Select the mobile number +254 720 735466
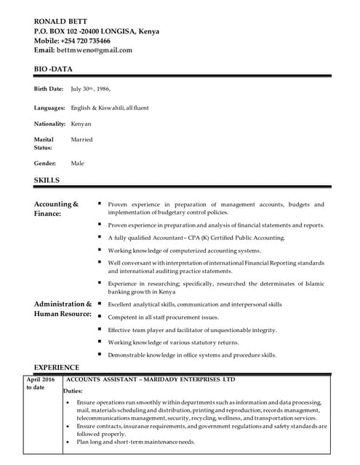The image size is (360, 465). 86,41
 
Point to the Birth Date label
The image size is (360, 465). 49,89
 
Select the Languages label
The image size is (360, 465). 49,108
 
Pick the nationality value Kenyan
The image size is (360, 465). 81,124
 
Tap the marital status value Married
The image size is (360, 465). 81,139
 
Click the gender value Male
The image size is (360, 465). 77,163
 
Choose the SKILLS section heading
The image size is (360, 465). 47,179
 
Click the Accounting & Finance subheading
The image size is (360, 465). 56,209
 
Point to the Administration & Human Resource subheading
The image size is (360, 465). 63,309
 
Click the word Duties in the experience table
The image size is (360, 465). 74,390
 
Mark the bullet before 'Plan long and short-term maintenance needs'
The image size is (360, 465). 68,442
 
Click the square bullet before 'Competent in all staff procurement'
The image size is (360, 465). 100,317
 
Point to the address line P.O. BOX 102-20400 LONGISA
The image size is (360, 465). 97,31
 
